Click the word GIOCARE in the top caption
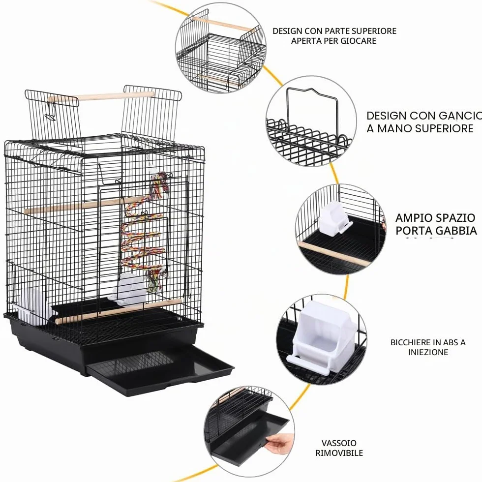[358, 41]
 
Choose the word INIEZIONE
[428, 352]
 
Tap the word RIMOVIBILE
[339, 453]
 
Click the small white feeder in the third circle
[333, 219]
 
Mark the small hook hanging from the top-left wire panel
[50, 111]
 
